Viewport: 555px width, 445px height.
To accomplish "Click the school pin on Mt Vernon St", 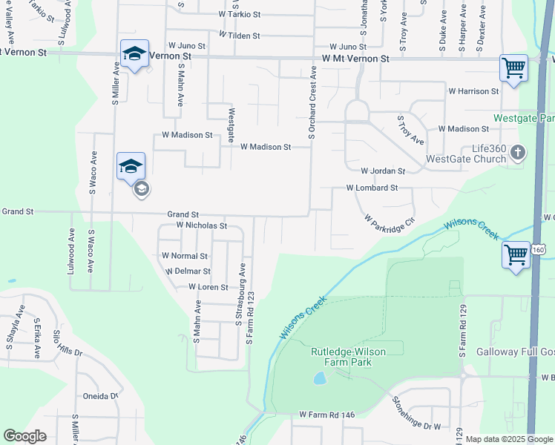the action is tap(134, 54).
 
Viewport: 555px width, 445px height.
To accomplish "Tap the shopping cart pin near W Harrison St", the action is tap(513, 69).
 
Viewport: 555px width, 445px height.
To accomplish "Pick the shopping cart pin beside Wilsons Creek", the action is tap(516, 255).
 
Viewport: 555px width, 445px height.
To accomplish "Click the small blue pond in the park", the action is tap(320, 378).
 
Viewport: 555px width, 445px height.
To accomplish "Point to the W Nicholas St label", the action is tap(201, 225).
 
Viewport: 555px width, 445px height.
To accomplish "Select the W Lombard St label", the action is tap(372, 188).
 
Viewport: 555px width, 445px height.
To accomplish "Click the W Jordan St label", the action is tap(383, 171).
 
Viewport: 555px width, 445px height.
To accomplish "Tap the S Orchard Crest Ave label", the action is tap(312, 103).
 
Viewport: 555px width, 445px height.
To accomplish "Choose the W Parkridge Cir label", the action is tap(388, 221).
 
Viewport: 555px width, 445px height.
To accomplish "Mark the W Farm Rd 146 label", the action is tap(328, 414).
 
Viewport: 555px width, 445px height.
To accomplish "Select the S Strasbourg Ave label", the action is tap(240, 293).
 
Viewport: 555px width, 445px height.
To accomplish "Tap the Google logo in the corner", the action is tap(24, 436).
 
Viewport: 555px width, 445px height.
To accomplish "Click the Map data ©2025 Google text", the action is tap(510, 439).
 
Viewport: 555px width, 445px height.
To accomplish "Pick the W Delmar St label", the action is tap(186, 271).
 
